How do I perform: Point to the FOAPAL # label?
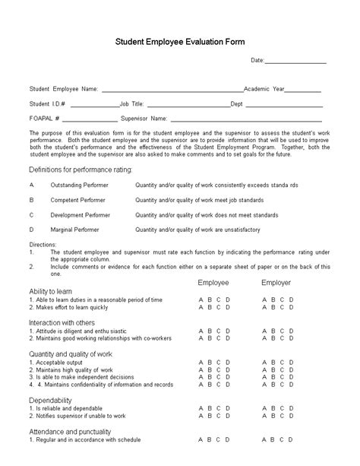(x=44, y=119)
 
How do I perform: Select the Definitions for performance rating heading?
(x=81, y=169)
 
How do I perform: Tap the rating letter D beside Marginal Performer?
(x=31, y=228)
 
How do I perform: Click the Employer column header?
(x=276, y=283)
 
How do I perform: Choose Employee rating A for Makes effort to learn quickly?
(x=201, y=307)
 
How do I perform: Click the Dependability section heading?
(x=51, y=400)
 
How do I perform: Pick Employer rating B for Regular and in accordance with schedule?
(x=273, y=439)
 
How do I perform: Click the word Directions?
(x=43, y=244)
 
